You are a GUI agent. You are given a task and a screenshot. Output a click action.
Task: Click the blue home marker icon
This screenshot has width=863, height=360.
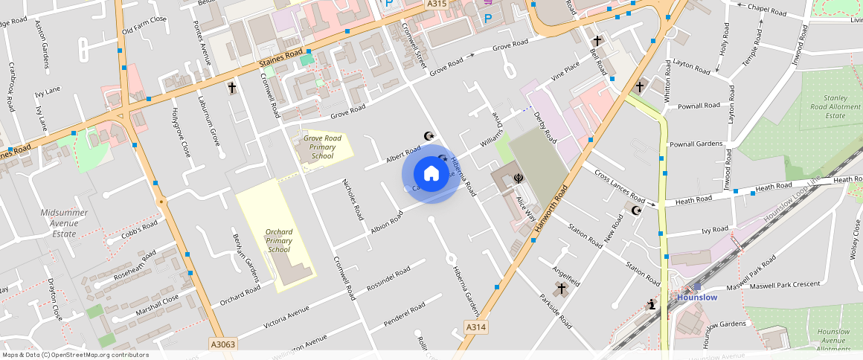point(431,174)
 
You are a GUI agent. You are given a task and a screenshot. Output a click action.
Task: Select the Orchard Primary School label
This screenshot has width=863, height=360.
point(279,240)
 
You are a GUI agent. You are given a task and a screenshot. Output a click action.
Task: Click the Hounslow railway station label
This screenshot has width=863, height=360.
point(696,298)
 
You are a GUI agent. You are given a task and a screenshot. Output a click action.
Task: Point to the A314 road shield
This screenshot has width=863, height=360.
point(476,327)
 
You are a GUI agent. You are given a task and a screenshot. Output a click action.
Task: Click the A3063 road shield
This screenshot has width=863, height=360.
point(222,344)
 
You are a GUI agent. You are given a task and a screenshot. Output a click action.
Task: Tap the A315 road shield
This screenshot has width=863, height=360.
point(437,4)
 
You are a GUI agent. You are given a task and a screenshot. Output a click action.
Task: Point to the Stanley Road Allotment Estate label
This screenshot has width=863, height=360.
point(835,106)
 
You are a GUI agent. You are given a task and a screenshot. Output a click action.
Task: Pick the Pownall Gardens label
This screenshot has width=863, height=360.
point(696,144)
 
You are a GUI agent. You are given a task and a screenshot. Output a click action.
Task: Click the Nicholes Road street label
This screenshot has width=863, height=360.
point(352,199)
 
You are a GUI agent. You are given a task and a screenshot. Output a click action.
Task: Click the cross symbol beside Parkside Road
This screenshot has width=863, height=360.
point(562,288)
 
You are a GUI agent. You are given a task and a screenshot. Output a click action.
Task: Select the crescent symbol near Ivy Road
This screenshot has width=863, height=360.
point(636,210)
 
